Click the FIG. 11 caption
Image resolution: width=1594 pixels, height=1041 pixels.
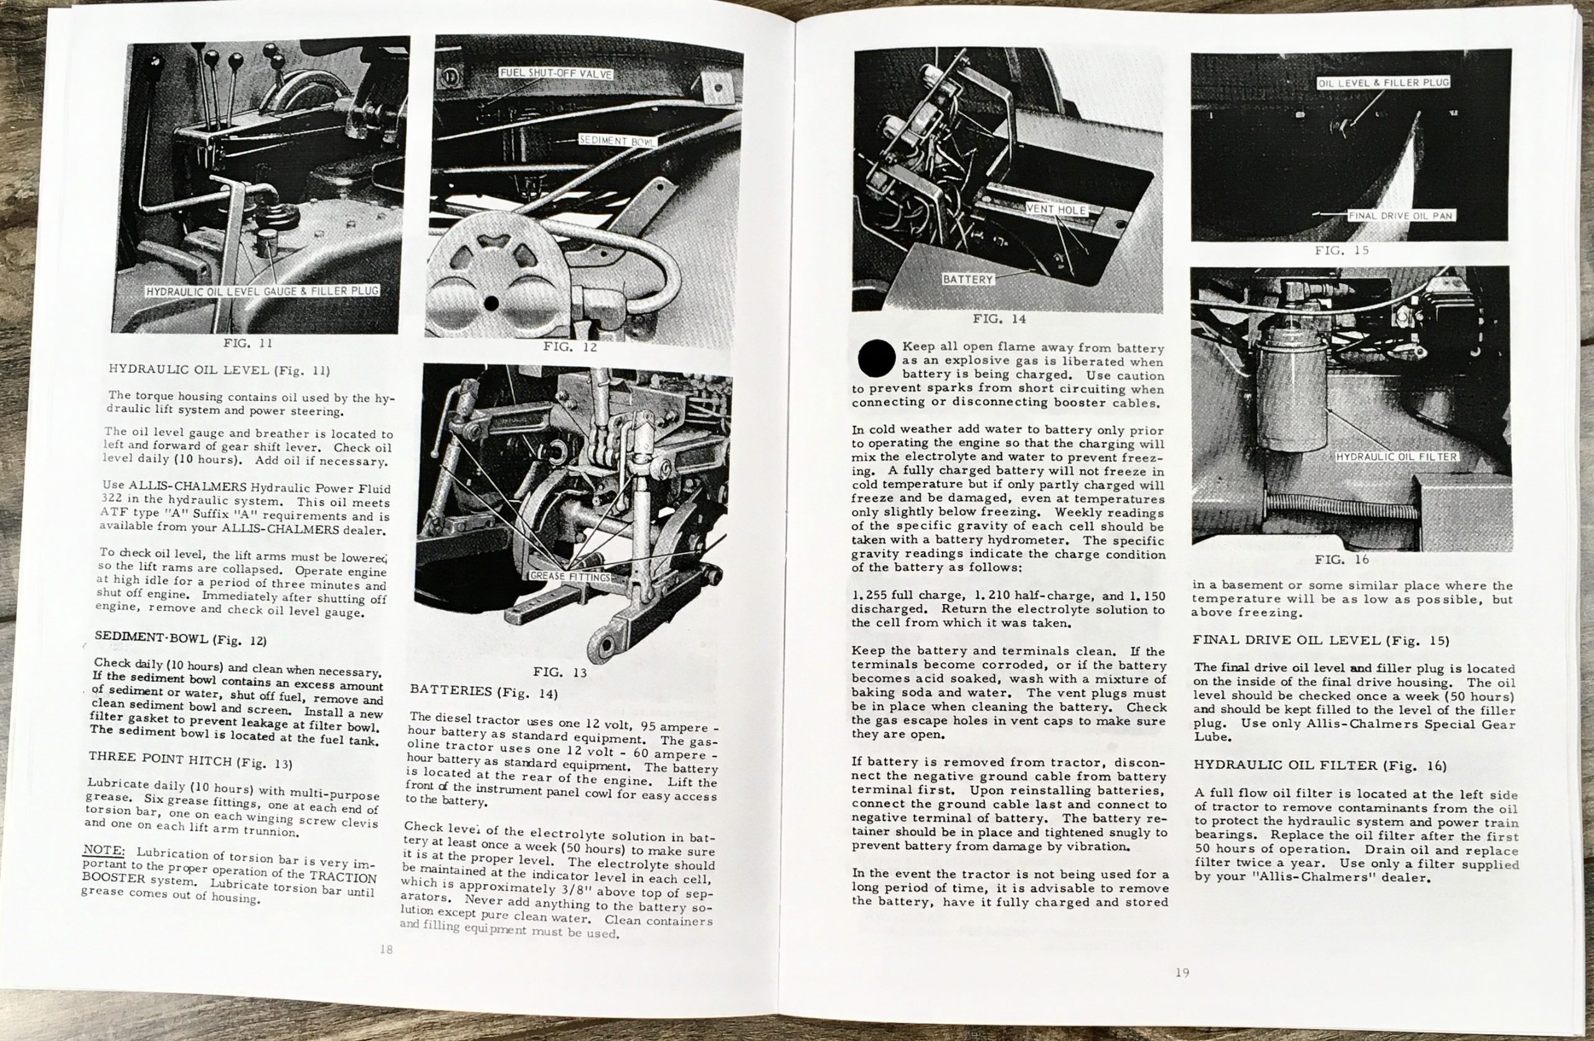[247, 344]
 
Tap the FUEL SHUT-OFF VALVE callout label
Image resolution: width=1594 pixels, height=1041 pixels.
[556, 73]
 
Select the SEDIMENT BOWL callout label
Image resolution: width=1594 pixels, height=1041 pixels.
[616, 141]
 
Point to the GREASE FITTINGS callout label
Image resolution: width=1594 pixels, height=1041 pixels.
[570, 577]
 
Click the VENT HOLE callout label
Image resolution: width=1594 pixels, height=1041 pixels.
[1056, 210]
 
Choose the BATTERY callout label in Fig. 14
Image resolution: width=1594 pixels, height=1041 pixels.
[967, 280]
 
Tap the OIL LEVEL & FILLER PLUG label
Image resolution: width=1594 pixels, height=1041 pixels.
[1383, 83]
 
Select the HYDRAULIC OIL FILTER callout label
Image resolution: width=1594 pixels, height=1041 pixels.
[1397, 457]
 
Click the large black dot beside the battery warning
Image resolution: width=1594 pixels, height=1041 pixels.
[877, 358]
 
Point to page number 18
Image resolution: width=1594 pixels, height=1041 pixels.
[386, 949]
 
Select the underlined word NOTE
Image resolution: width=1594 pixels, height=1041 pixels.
[103, 850]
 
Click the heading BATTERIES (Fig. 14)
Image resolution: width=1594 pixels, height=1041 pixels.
[484, 692]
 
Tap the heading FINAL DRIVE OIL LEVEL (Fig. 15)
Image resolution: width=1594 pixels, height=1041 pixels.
[1321, 641]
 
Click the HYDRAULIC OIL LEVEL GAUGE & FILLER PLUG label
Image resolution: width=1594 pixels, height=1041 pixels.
[263, 291]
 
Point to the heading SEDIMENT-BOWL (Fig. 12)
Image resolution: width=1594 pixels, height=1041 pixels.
[180, 638]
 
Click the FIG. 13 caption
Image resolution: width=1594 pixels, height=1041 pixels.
[560, 672]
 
